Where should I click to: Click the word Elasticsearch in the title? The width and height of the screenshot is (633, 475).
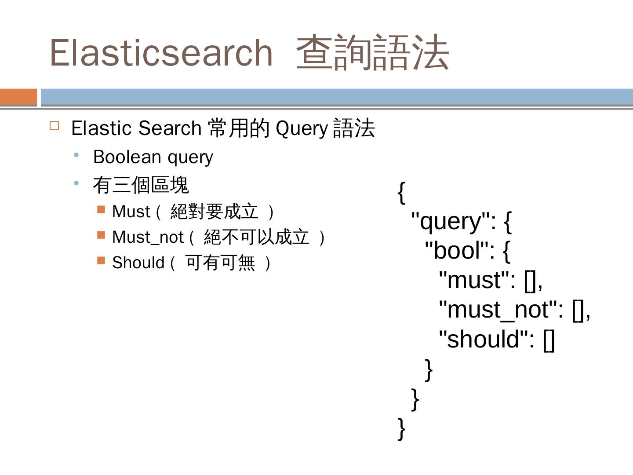click(161, 53)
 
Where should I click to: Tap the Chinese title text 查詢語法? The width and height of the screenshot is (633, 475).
click(373, 53)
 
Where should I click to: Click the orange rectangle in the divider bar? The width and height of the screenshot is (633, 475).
click(18, 97)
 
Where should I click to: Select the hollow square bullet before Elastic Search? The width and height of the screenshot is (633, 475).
click(55, 126)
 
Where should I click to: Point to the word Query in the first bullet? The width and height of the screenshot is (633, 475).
click(302, 128)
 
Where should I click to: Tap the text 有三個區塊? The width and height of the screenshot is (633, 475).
click(141, 185)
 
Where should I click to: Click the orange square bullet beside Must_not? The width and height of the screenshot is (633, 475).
click(101, 235)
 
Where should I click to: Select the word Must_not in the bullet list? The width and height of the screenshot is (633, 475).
click(147, 237)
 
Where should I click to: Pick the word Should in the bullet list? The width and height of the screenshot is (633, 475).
click(138, 263)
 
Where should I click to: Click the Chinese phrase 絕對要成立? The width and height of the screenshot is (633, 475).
click(214, 212)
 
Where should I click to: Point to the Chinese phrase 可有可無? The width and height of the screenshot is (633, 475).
click(220, 263)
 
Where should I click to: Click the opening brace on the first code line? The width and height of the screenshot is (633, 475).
click(401, 192)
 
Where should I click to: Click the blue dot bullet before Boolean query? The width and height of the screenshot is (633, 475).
click(76, 155)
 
